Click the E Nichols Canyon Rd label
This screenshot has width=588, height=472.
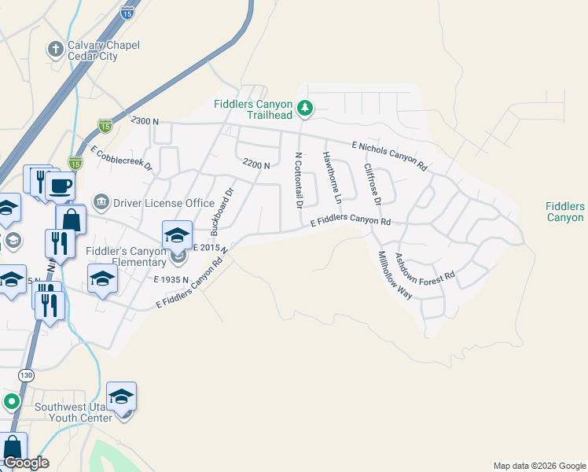389,156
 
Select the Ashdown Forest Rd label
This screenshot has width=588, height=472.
425,267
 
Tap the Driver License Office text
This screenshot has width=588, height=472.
164,203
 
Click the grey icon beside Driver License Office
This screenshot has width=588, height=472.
101,202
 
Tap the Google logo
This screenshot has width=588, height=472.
25,463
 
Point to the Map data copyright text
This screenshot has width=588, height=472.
539,466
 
